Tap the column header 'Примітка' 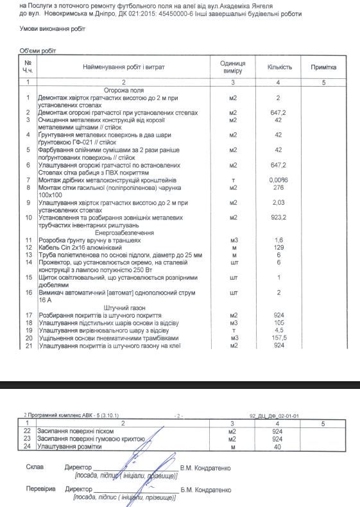click(x=323, y=67)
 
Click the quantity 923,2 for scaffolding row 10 click(x=279, y=218)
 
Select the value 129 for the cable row click(x=279, y=247)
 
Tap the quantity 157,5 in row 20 click(x=279, y=338)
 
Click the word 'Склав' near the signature click(x=35, y=468)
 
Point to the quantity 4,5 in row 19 click(x=279, y=330)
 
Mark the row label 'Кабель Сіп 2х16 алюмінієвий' click(x=80, y=247)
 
